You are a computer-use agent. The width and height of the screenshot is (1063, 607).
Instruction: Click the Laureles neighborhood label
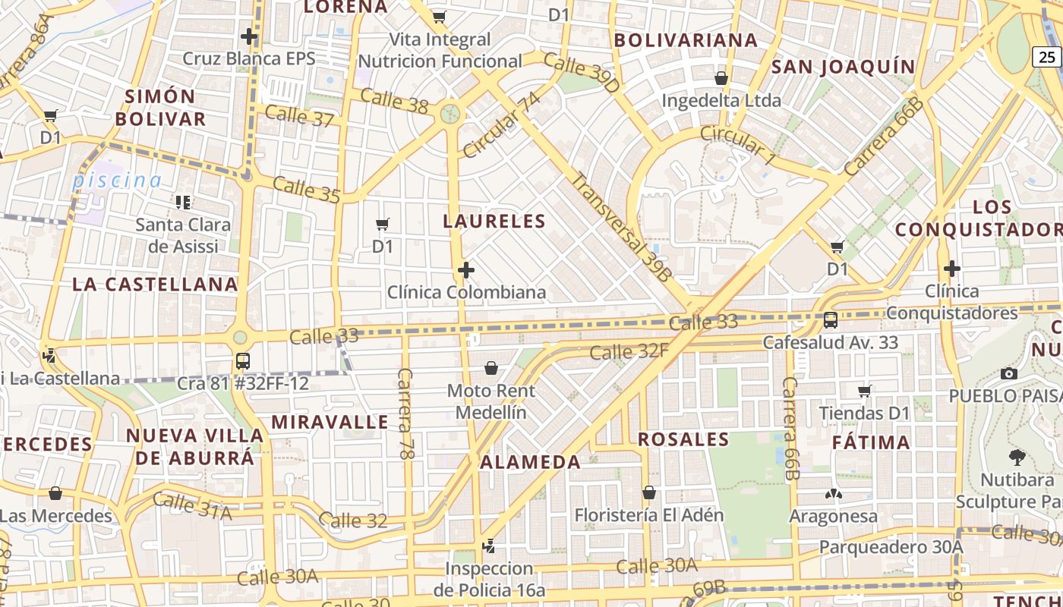(x=494, y=222)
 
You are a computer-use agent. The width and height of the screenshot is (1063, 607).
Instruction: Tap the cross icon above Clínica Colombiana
(x=466, y=270)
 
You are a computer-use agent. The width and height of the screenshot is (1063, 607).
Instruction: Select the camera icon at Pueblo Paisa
(x=1009, y=373)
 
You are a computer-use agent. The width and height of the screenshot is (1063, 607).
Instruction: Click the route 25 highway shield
(x=1047, y=56)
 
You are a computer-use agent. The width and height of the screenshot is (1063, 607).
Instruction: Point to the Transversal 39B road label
(x=621, y=228)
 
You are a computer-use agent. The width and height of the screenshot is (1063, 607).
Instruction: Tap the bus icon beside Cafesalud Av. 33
(x=831, y=320)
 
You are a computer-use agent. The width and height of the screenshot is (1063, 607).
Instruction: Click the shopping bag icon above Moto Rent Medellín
(x=491, y=369)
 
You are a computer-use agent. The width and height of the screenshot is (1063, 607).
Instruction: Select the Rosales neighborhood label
(x=683, y=439)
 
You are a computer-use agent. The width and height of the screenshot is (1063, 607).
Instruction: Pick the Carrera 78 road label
(x=405, y=414)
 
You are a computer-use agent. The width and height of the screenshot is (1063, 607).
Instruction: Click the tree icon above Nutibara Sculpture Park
(x=1017, y=458)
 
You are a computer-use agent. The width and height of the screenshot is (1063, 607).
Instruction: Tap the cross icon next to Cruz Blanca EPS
(x=249, y=36)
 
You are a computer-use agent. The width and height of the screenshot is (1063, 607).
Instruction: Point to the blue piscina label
(x=118, y=181)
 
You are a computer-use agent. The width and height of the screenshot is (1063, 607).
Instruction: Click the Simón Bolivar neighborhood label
(x=160, y=108)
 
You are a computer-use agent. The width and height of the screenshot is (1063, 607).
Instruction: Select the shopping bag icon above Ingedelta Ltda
(x=721, y=78)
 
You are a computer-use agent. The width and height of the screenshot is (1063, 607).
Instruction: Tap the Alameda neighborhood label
(x=531, y=462)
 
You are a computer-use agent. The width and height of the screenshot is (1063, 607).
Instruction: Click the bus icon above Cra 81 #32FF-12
(x=243, y=361)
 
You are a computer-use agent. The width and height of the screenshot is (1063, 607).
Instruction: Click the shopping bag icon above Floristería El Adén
(x=649, y=493)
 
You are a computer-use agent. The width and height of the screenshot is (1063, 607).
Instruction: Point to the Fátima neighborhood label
(x=871, y=442)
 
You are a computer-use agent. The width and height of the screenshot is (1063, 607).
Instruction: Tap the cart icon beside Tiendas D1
(x=865, y=392)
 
